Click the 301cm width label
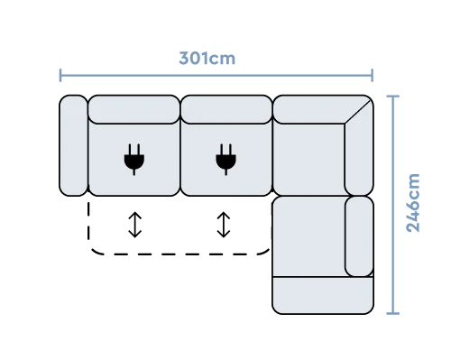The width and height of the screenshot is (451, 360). [x=207, y=58]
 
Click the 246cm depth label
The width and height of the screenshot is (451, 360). [x=413, y=203]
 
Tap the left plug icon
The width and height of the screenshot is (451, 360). [x=134, y=160]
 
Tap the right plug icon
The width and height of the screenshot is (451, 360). [x=225, y=160]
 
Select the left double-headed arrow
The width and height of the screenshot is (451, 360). [x=135, y=225]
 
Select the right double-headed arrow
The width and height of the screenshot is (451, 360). [x=224, y=225]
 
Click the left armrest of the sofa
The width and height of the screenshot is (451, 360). [x=73, y=145]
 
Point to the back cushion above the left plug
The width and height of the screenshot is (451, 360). [x=134, y=109]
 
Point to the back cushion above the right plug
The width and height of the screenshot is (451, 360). [x=226, y=109]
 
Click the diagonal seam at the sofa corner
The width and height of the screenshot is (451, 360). [x=357, y=112]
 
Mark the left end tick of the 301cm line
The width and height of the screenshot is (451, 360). [x=60, y=75]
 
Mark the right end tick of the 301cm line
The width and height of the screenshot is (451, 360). [x=373, y=75]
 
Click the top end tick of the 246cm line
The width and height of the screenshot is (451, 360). [x=392, y=97]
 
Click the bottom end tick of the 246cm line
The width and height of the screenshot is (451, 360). [x=392, y=313]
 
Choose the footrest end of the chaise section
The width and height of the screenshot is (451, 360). [x=323, y=295]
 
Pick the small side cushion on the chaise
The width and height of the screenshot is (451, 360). [x=359, y=236]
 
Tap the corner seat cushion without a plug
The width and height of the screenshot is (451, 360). [x=308, y=160]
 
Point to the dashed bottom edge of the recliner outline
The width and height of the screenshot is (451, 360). [x=180, y=254]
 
